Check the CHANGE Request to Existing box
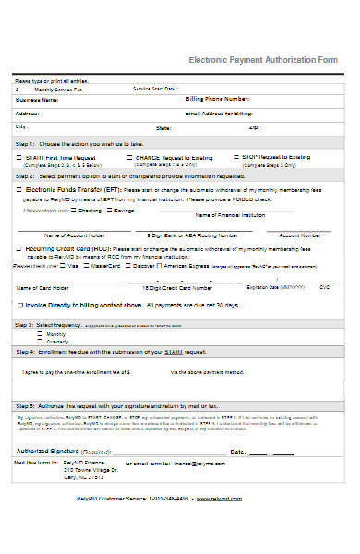[128, 158]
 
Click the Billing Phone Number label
[218, 98]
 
